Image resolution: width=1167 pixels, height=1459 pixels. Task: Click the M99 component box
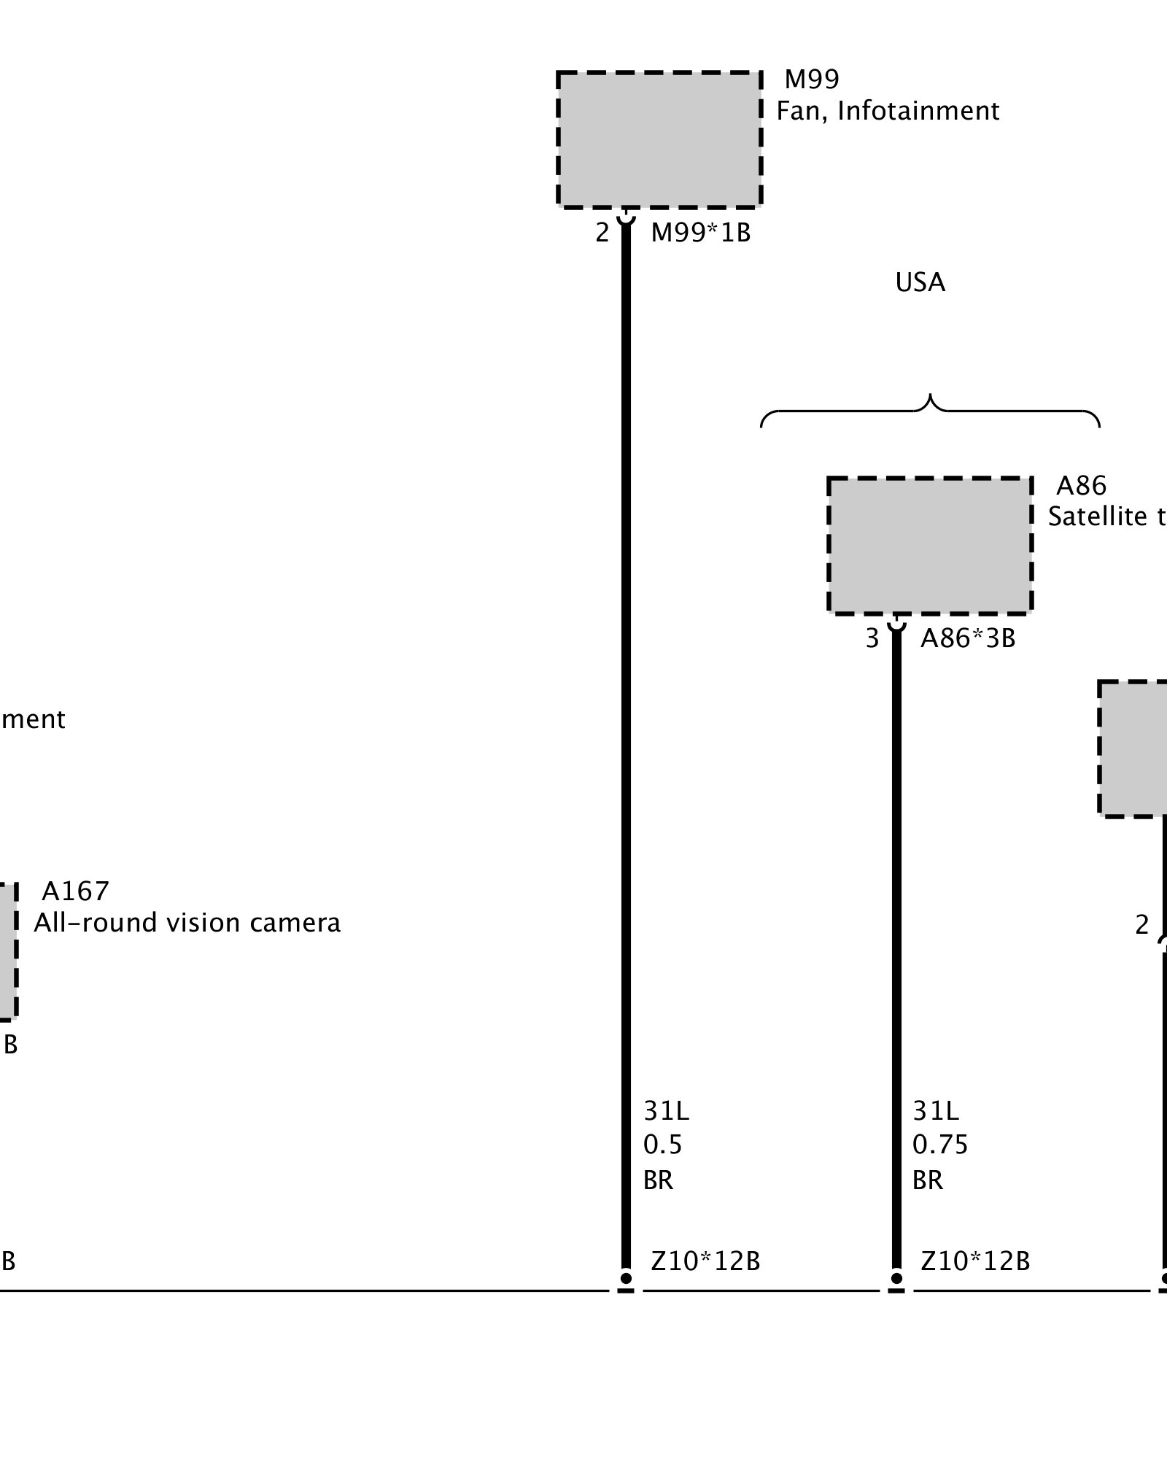659,139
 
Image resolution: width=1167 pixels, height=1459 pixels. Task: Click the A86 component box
930,546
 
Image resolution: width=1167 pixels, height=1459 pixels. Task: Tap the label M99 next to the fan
812,79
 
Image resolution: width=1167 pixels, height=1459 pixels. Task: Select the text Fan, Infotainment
887,111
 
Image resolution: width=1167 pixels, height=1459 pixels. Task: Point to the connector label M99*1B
700,233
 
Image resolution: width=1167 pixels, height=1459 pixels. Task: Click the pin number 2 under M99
602,233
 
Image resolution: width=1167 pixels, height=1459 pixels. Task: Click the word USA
920,283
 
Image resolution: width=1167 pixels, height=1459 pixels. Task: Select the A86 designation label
1081,485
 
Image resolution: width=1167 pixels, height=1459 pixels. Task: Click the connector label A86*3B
968,638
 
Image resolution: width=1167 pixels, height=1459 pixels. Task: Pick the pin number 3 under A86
872,638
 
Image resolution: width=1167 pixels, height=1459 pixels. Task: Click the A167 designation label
75,891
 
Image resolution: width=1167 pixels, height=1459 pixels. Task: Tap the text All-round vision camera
187,923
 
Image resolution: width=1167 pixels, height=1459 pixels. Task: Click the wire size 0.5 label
662,1145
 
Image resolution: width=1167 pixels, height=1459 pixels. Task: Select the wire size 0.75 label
939,1145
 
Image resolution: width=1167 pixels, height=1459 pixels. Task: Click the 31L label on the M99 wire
666,1111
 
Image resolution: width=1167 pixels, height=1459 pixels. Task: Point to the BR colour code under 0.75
928,1180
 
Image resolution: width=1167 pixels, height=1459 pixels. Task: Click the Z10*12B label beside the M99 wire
705,1261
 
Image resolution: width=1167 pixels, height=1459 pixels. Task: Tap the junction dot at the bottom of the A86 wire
896,1278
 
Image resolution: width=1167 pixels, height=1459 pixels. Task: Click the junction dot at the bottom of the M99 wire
626,1278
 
